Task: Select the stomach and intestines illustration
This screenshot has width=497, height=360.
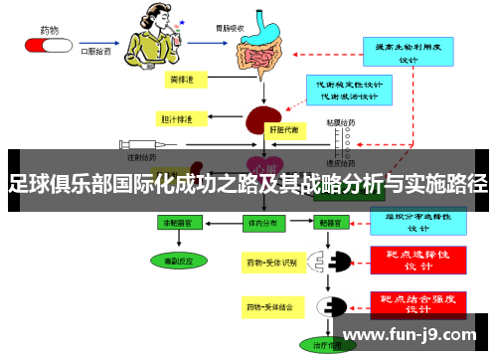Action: [263, 46]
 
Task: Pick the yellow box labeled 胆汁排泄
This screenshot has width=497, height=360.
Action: [179, 119]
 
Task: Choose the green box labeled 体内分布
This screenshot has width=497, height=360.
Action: [262, 225]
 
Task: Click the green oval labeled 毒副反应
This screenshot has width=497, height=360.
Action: [180, 261]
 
